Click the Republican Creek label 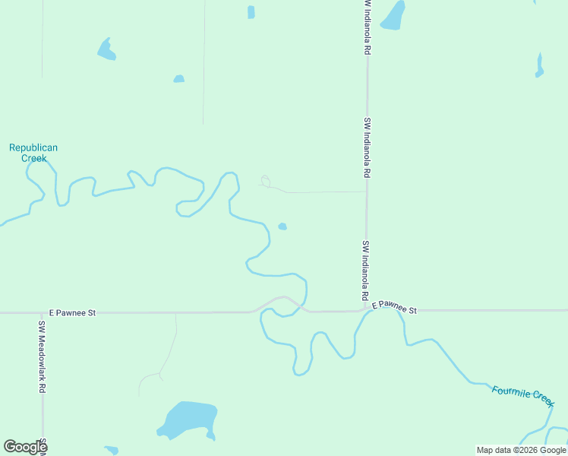33,153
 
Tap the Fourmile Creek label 523,394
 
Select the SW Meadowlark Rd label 43,356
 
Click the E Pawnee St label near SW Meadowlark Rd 72,312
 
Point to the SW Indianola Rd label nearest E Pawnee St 365,270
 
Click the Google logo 25,447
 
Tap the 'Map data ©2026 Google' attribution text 521,450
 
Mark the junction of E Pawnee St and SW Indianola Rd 366,310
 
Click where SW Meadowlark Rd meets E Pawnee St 43,312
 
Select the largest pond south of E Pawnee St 187,420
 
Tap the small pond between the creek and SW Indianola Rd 282,226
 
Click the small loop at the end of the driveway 266,181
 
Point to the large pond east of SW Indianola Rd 393,15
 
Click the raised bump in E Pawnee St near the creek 284,299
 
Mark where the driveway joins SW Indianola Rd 366,192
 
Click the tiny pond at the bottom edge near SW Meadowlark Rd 112,451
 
